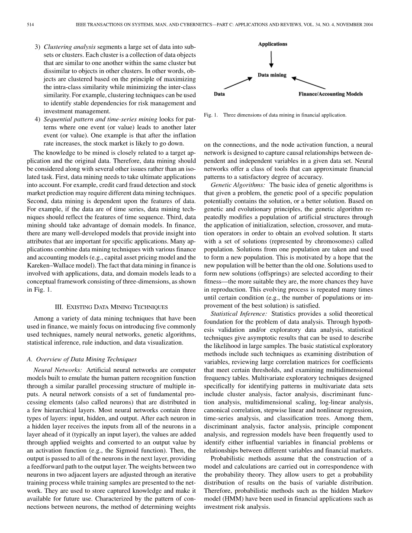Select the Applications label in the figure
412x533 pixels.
pos(273,44)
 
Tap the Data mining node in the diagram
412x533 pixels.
pos(272,75)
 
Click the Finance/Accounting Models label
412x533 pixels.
pos(331,94)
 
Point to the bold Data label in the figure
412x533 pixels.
pos(219,94)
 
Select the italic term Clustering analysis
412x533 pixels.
pos(68,46)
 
